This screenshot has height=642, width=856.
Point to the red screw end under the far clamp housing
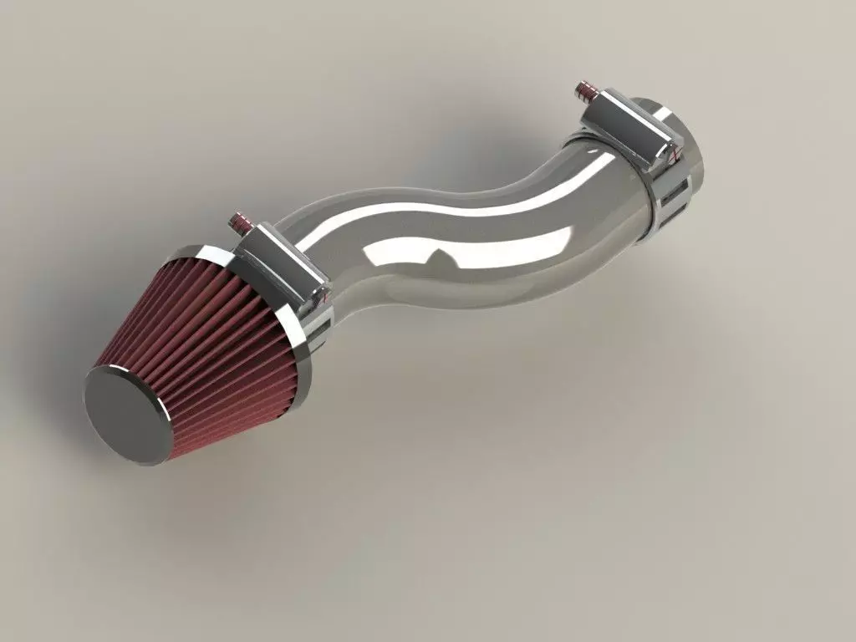[674, 153]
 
